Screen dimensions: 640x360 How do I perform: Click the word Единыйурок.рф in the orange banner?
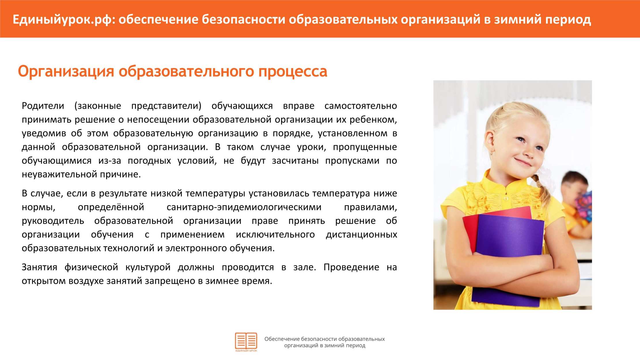(63, 20)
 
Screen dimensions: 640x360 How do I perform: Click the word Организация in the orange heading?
(66, 72)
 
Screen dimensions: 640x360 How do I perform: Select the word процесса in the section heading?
(293, 72)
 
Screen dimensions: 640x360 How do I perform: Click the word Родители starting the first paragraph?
(43, 106)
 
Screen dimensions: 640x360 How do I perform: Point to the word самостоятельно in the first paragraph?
(361, 106)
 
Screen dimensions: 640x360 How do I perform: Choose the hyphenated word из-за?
(110, 161)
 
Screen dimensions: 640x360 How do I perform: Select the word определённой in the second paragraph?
(111, 207)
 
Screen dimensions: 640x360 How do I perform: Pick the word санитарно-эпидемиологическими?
(244, 207)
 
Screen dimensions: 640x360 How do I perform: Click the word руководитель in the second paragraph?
(53, 221)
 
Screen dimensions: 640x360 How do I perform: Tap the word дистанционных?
(361, 235)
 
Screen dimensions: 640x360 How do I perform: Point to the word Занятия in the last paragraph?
(39, 267)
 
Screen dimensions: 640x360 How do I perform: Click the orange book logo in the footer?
(246, 342)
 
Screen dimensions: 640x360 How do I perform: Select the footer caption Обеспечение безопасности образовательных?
(325, 339)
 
